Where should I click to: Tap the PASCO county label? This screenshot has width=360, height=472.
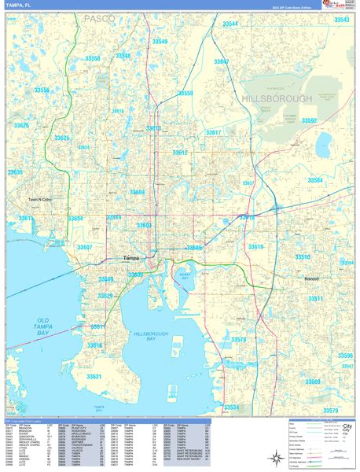100,17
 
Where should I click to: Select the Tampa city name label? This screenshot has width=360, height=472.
130,258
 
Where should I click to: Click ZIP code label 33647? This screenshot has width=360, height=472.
222,61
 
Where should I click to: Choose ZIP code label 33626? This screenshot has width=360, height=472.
21,126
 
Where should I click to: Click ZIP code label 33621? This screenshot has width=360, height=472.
94,377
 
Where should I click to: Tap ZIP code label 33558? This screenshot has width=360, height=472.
93,59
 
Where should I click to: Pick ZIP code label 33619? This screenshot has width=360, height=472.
256,247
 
